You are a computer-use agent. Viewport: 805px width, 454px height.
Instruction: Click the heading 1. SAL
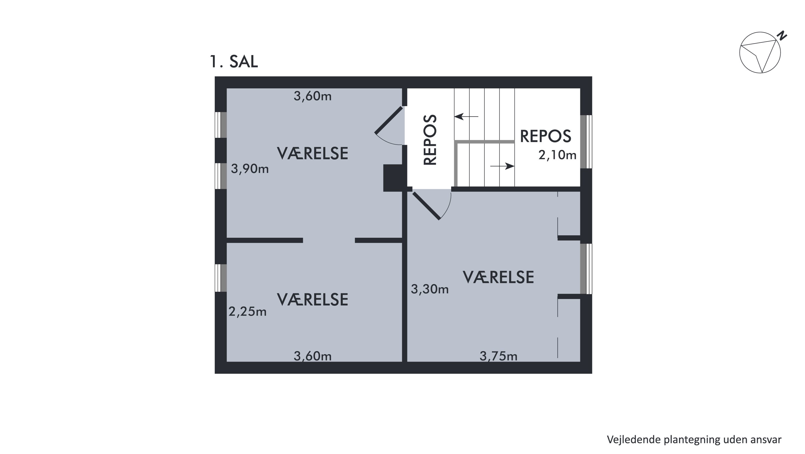click(234, 62)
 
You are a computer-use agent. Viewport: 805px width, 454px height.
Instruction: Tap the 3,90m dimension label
click(250, 169)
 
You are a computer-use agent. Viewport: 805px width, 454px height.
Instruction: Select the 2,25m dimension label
click(248, 312)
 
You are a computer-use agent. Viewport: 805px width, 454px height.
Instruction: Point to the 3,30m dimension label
click(430, 290)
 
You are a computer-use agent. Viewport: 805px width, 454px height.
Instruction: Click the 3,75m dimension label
click(498, 356)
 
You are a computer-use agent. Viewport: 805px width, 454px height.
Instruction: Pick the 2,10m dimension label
click(557, 155)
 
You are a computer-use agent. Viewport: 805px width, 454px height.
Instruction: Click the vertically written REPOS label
click(430, 140)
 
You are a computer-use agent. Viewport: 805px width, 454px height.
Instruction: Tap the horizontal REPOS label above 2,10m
click(545, 136)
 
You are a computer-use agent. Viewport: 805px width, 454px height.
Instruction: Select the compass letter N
click(782, 44)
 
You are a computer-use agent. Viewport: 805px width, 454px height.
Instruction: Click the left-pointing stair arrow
click(466, 117)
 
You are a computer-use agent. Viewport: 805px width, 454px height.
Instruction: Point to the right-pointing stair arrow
click(502, 166)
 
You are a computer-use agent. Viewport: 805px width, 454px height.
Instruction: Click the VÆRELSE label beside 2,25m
click(313, 300)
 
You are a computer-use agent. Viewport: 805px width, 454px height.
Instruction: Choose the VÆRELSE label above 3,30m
click(498, 277)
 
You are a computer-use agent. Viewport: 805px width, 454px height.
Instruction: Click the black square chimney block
click(393, 178)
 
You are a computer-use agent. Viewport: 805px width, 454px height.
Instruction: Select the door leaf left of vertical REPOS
click(389, 120)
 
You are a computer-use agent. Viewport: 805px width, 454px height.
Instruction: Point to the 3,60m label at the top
click(313, 96)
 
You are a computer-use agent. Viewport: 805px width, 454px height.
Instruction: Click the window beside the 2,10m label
click(586, 142)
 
